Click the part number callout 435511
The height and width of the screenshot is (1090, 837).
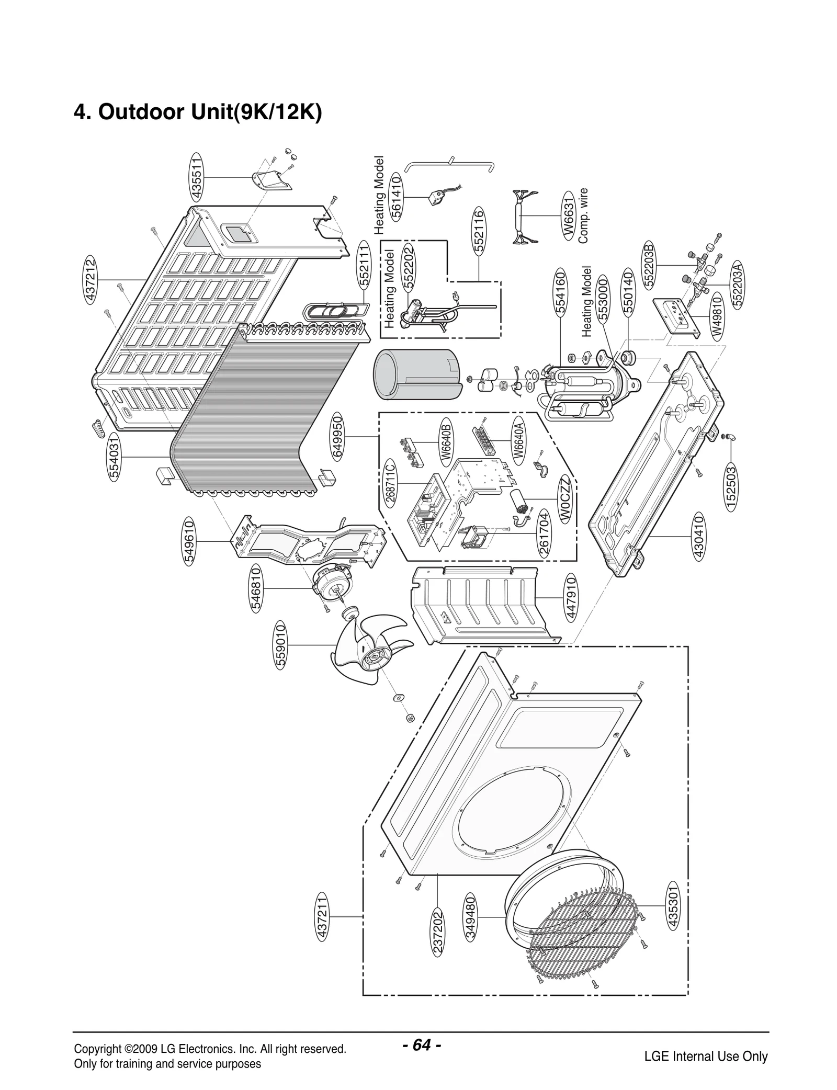(x=197, y=177)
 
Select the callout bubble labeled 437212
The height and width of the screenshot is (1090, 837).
(x=91, y=280)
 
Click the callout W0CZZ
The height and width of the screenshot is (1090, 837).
(x=565, y=499)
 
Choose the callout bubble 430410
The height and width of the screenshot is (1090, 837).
(x=698, y=537)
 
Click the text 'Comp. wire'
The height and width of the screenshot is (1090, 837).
(x=583, y=215)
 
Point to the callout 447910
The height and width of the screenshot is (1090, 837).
(x=571, y=597)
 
